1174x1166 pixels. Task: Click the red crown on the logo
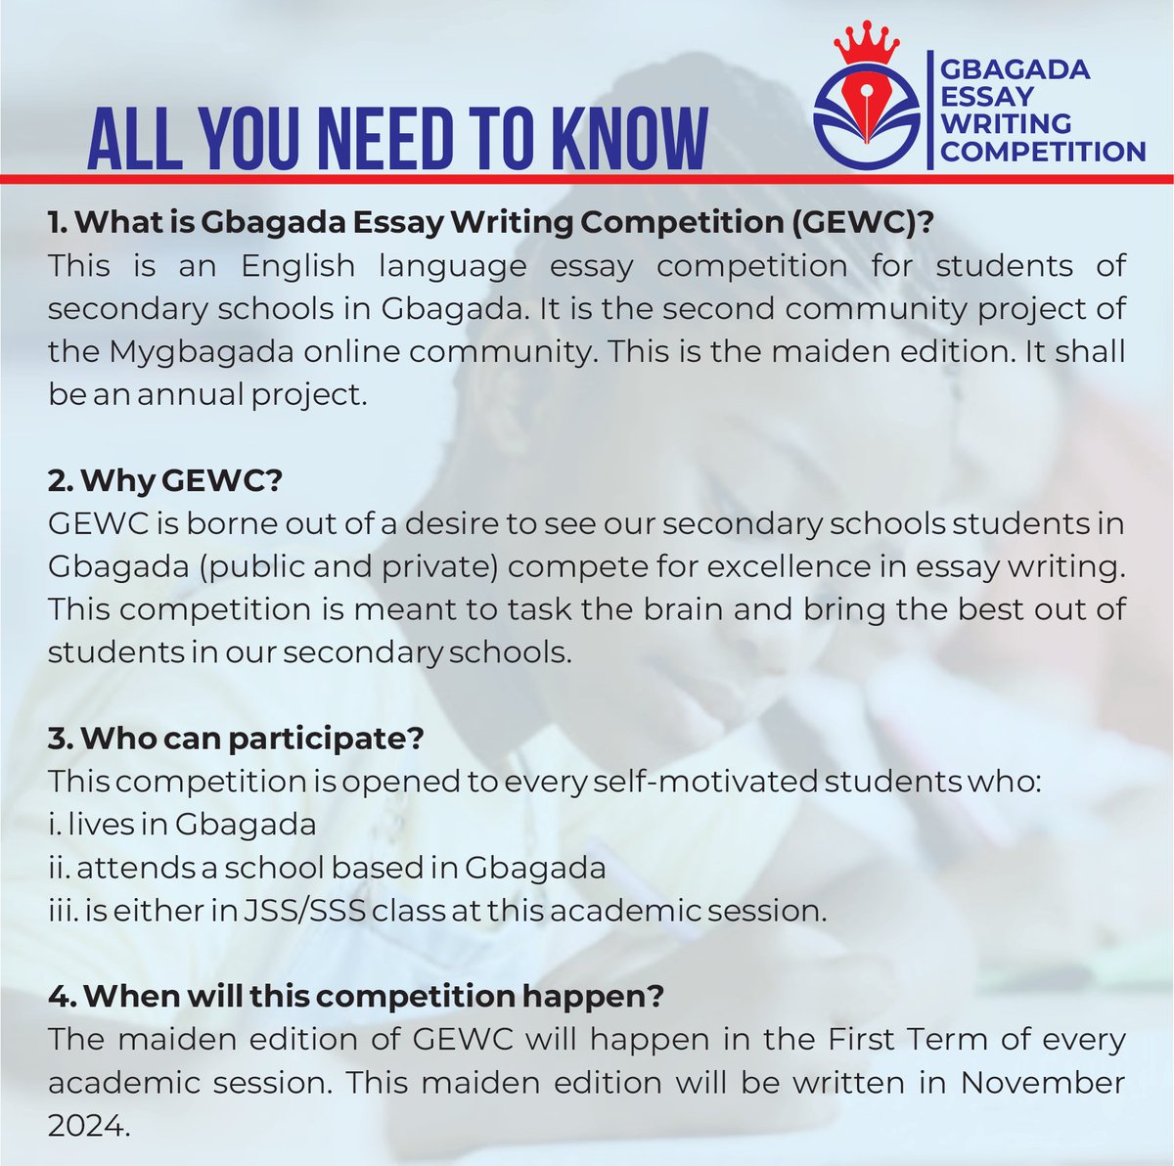pos(866,41)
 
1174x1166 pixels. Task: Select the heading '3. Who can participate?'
pos(236,739)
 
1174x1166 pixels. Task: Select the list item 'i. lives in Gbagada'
pos(182,825)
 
